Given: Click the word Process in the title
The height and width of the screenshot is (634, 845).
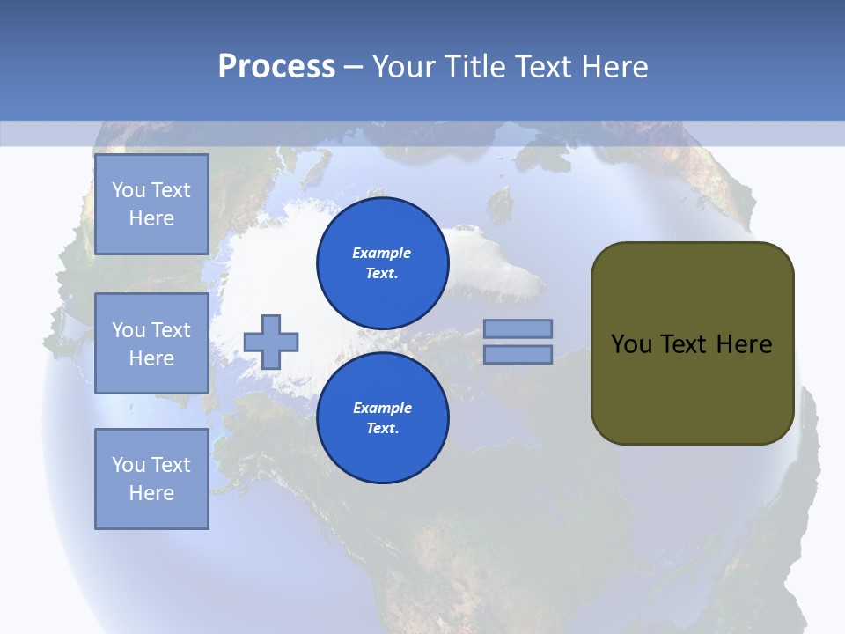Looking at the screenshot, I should (x=276, y=67).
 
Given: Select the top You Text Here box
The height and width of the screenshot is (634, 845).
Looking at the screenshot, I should (x=151, y=204).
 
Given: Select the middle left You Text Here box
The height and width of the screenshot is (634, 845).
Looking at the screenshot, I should (x=151, y=343).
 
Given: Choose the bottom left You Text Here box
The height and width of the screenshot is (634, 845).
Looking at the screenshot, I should (x=151, y=479).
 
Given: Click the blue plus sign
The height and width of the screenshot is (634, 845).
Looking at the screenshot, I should (x=271, y=342).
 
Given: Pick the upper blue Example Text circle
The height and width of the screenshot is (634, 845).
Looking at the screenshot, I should (x=383, y=263).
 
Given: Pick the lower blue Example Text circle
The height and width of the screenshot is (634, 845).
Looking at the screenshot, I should (x=383, y=418).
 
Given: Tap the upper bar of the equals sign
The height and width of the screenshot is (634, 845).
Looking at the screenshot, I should (x=518, y=328).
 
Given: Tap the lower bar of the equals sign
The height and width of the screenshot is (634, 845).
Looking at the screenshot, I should (x=518, y=354).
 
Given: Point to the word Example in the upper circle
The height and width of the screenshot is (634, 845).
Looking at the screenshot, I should (x=382, y=253).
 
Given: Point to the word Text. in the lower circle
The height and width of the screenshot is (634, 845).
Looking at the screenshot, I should (x=382, y=429).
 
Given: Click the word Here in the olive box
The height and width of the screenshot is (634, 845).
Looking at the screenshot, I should (x=744, y=344).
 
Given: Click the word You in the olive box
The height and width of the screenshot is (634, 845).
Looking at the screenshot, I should (x=631, y=344).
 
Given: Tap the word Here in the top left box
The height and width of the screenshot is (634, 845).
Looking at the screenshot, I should (x=151, y=218).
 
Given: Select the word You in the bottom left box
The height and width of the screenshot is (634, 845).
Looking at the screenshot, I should (x=129, y=465).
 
